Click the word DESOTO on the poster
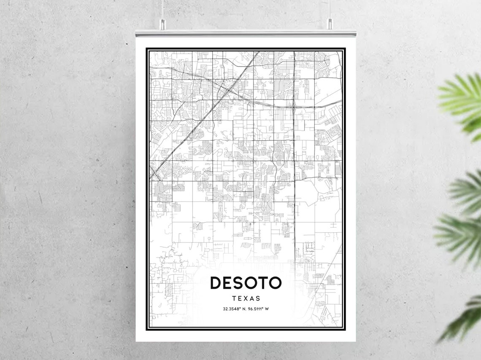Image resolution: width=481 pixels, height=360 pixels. tap(246, 283)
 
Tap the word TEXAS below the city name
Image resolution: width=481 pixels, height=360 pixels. tap(246, 298)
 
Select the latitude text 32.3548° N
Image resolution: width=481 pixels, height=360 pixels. tap(234, 309)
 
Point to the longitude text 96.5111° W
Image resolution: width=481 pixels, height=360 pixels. tap(258, 309)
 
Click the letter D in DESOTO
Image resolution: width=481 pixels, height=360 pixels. tap(216, 283)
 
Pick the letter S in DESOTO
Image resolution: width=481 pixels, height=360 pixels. tap(239, 283)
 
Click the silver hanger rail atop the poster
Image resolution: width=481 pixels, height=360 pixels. tap(246, 33)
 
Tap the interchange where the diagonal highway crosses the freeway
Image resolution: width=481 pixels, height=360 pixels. tap(228, 89)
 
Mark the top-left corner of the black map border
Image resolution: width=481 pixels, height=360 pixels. tap(147, 49)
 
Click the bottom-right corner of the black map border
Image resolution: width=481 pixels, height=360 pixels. tap(345, 329)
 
